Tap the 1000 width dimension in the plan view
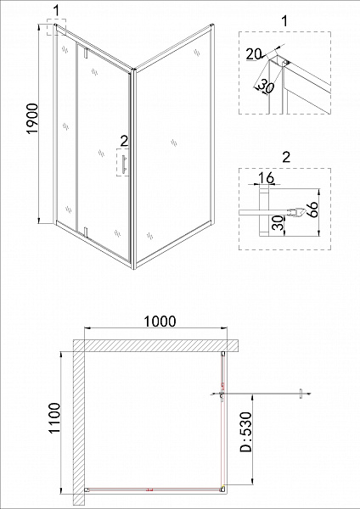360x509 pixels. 159,321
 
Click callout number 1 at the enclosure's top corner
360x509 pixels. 56,10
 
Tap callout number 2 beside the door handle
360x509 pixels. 123,141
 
